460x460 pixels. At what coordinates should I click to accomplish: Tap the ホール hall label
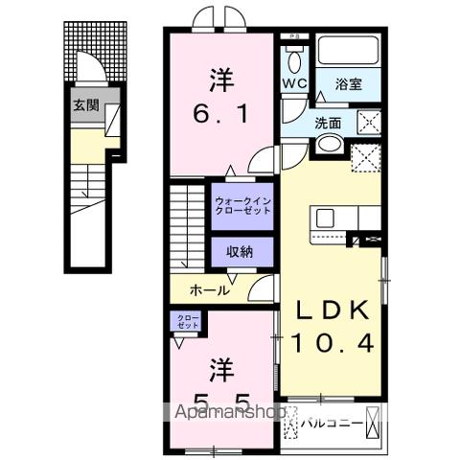pyautogui.click(x=208, y=289)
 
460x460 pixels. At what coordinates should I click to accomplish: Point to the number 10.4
pyautogui.click(x=329, y=341)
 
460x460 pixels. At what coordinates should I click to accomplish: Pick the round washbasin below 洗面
pyautogui.click(x=329, y=144)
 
